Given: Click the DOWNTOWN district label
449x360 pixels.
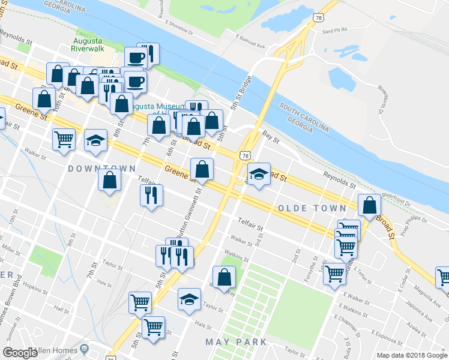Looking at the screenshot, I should point(101,169).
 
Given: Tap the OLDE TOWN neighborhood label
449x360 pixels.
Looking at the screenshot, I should point(312,208).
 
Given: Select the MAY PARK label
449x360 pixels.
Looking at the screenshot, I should point(236,342).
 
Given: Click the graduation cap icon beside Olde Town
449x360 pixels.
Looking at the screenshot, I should point(259,175).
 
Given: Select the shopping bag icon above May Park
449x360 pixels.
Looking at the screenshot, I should point(224,278).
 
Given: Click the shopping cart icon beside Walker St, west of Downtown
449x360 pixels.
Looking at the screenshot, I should point(64,140).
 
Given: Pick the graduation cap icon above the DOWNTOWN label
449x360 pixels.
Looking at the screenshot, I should point(95,141).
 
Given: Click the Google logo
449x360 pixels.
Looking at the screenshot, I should point(20,353).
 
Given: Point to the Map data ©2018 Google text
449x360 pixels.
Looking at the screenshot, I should point(411,355).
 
